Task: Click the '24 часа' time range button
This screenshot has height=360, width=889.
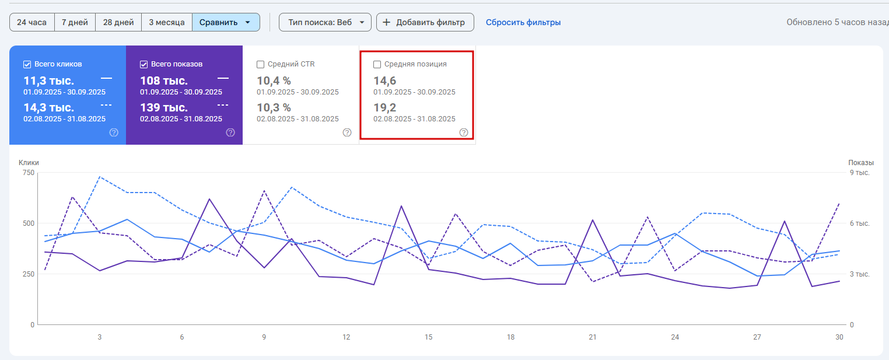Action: (x=32, y=22)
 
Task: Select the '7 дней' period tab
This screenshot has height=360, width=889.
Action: (x=75, y=22)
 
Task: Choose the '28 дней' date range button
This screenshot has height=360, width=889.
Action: (x=118, y=22)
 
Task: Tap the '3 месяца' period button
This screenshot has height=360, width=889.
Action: (x=167, y=22)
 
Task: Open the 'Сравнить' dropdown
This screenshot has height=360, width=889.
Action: (x=226, y=22)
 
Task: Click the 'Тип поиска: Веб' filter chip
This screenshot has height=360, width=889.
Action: (x=325, y=22)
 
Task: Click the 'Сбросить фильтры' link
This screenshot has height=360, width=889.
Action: (x=523, y=22)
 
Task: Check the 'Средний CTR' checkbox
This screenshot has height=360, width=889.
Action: (x=261, y=64)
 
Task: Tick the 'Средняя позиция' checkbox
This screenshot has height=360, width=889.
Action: (x=377, y=64)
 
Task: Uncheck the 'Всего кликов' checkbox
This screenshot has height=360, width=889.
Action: (x=27, y=64)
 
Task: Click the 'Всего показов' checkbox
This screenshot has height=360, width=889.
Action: (x=144, y=64)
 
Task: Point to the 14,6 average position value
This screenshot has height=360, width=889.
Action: (x=385, y=81)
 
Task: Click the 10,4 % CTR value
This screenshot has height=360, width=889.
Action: (x=274, y=81)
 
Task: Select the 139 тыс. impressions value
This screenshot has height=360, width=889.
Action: (x=164, y=107)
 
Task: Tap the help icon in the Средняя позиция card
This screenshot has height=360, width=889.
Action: (x=464, y=132)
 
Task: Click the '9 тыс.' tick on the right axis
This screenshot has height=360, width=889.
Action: (x=859, y=173)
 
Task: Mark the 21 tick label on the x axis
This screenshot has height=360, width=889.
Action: (x=592, y=337)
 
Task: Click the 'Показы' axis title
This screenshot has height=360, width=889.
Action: (x=861, y=163)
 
